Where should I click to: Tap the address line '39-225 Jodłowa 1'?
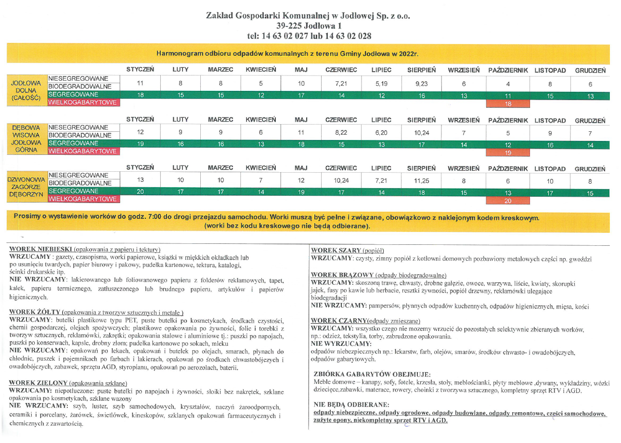309,26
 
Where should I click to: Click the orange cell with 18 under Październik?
507,103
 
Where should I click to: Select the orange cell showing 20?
507,201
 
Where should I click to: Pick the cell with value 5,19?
381,83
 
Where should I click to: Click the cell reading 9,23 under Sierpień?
421,83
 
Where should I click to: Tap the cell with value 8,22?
340,132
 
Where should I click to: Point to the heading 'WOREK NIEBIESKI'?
41,249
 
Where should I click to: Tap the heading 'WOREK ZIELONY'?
39,383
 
